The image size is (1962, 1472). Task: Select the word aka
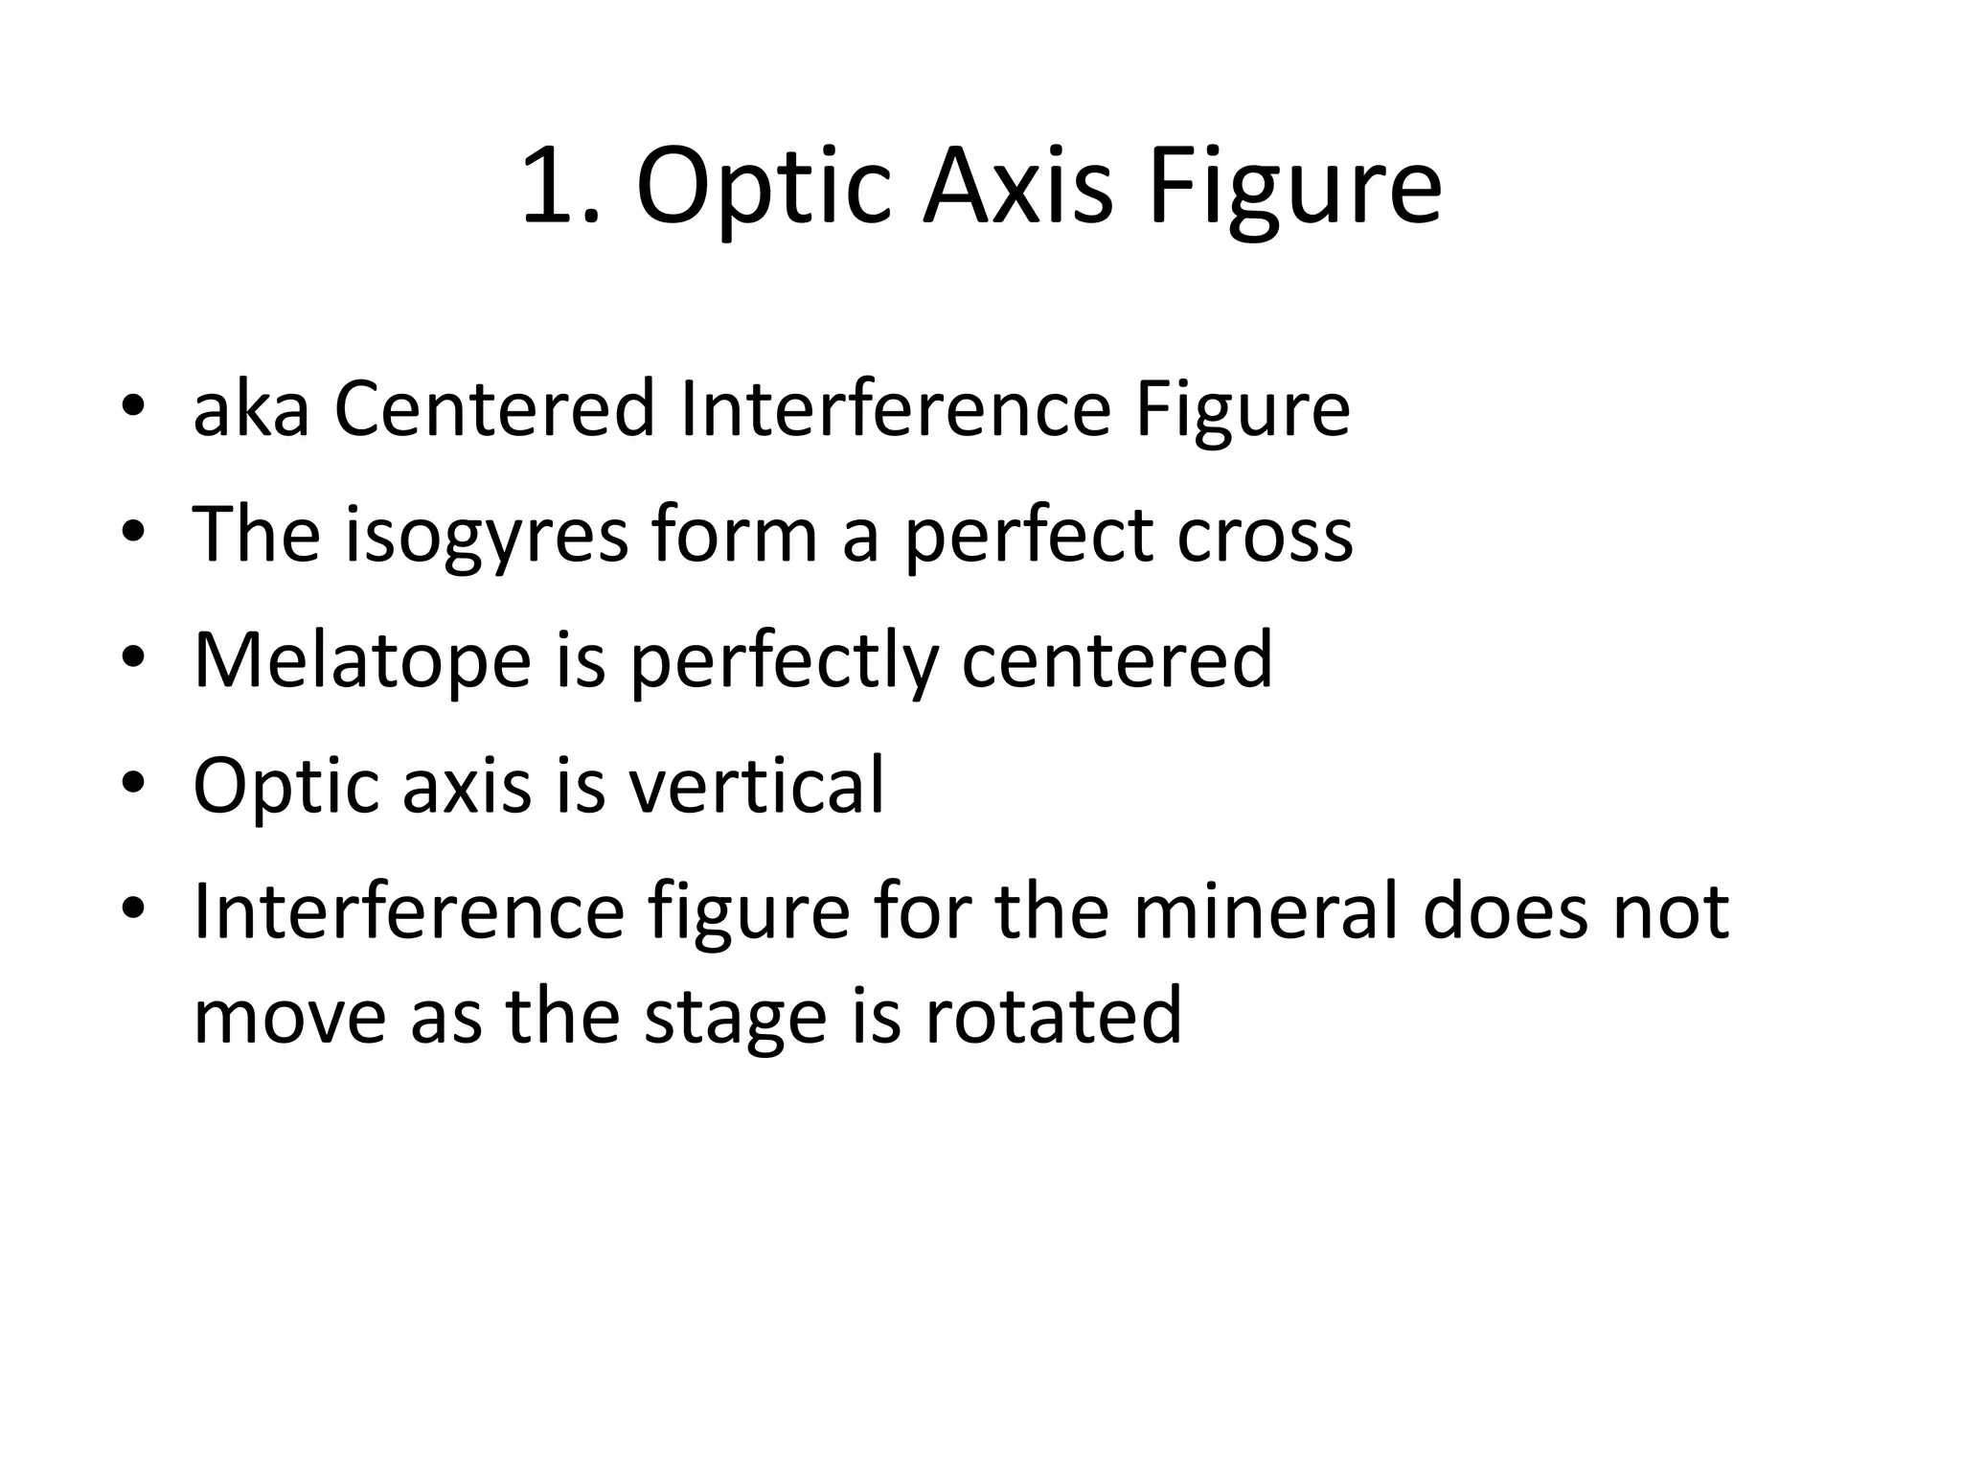251,410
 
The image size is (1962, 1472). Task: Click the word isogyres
487,536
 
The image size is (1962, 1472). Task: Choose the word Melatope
362,660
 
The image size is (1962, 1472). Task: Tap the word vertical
757,786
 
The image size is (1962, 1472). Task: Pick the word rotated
1053,1015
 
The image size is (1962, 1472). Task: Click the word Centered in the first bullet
494,410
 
